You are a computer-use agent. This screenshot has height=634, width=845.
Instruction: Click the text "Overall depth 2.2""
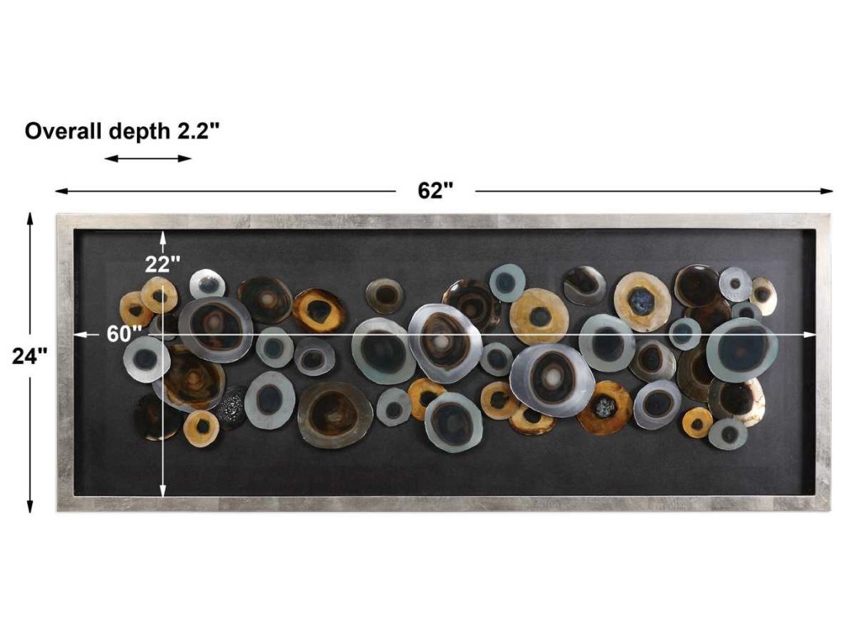122,131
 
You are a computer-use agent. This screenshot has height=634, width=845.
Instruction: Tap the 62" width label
435,191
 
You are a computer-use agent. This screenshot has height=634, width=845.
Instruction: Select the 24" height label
30,356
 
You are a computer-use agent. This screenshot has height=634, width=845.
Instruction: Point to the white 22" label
163,264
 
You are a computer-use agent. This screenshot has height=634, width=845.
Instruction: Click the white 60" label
124,334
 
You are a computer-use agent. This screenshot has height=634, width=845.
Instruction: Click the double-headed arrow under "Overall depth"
148,158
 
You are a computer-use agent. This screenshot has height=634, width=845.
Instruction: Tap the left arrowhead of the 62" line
61,191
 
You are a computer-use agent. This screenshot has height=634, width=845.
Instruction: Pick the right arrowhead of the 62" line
827,191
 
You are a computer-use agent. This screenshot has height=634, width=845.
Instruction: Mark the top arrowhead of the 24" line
31,218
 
